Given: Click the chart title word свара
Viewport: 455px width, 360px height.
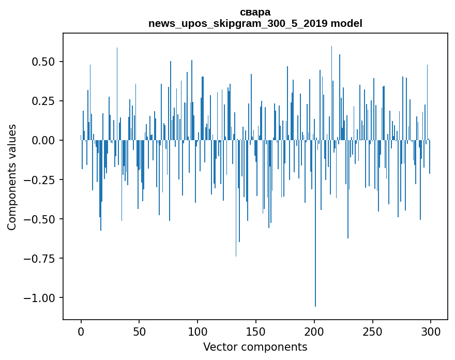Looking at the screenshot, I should (255, 12).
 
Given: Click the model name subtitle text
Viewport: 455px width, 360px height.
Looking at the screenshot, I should (255, 23).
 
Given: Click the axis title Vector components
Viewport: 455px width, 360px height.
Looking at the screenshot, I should (255, 347).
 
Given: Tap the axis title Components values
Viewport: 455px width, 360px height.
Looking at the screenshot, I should (12, 177).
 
